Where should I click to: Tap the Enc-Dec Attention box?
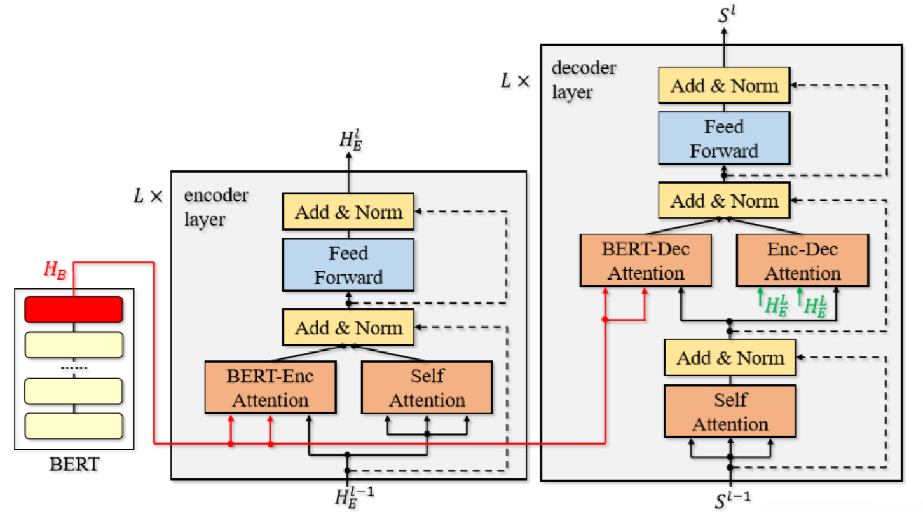(802, 260)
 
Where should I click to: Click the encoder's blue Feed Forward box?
(348, 265)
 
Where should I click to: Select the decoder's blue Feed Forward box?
(724, 139)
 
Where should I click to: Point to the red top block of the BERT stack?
(73, 309)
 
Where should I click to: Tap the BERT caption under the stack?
(74, 464)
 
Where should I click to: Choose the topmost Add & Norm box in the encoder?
(348, 211)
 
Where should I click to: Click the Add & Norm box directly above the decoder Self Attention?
(730, 357)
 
